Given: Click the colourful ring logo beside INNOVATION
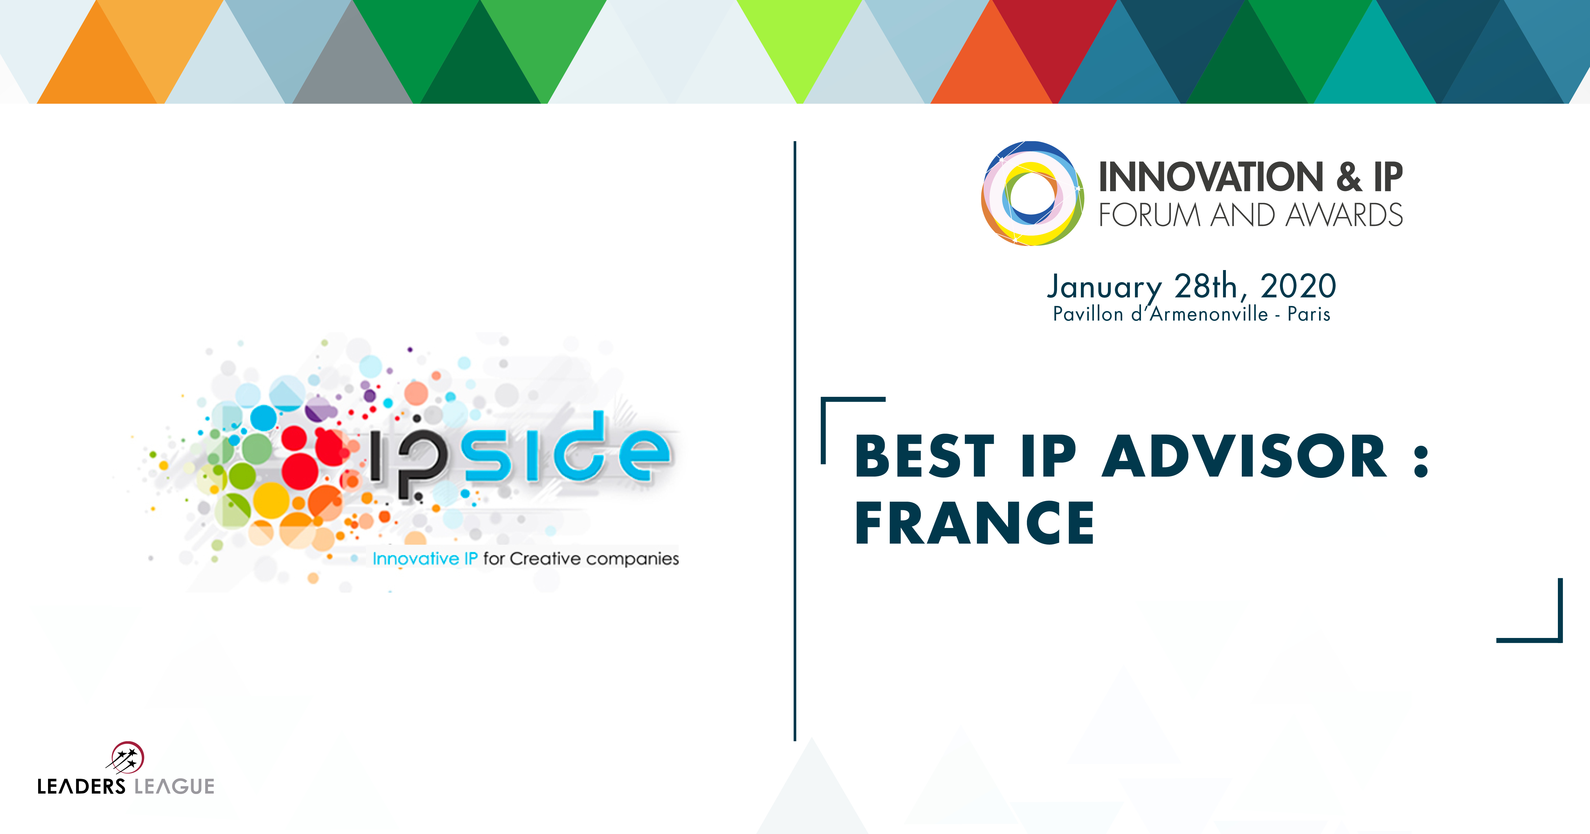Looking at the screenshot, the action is [x=1032, y=193].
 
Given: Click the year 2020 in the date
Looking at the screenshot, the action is [x=1298, y=286].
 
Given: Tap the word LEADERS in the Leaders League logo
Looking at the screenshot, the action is [x=81, y=786].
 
